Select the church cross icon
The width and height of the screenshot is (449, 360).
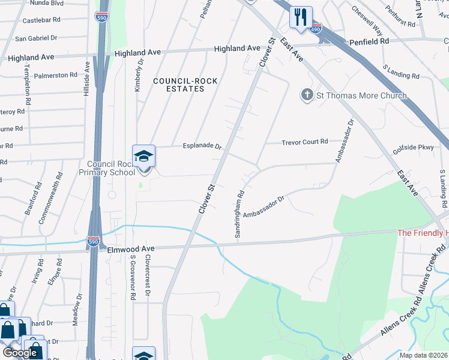307,95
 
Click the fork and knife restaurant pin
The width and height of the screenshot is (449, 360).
301,16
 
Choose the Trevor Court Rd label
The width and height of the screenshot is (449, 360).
305,142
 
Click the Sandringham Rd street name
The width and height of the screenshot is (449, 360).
239,215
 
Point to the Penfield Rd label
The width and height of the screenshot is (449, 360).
370,42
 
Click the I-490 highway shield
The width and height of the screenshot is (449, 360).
316,28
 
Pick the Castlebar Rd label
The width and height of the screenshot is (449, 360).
41,20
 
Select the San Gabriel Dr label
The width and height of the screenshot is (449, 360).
35,38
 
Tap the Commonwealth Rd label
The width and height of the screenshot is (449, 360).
51,198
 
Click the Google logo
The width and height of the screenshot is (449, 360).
20,353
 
